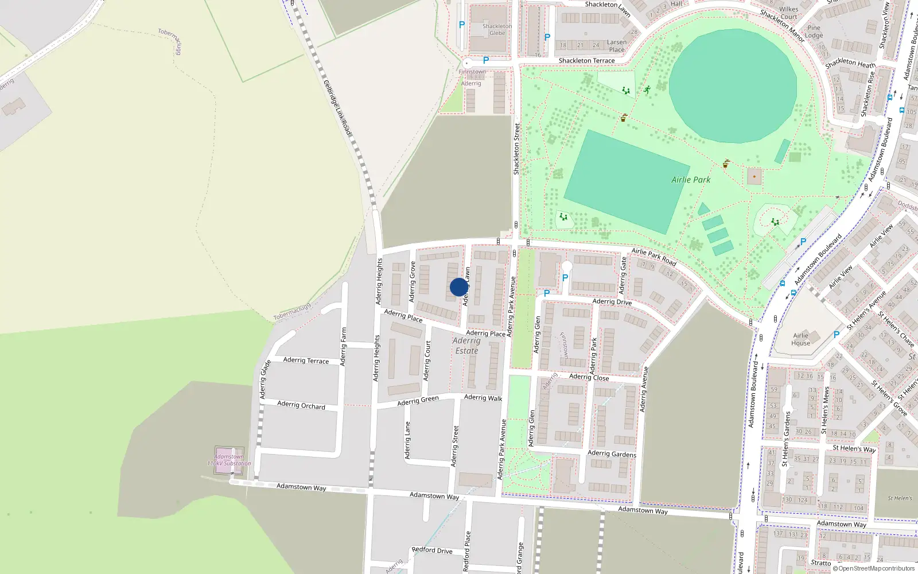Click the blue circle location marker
pos(459,287)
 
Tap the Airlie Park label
pos(691,180)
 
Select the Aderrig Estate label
pos(466,346)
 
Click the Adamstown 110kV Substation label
pos(229,460)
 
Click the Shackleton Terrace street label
pos(586,60)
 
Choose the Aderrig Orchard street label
pos(301,405)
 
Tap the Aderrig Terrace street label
pos(306,360)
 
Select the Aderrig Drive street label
pos(612,302)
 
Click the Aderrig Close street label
pos(589,377)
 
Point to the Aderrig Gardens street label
pos(612,454)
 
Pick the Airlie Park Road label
pos(654,257)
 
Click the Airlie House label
pos(801,339)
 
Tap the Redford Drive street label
pos(432,550)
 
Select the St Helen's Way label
pos(854,448)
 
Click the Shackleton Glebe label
pos(497,30)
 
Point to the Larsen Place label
pos(617,46)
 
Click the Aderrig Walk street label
pos(483,397)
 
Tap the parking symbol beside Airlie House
pos(836,335)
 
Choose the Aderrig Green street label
pos(418,400)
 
